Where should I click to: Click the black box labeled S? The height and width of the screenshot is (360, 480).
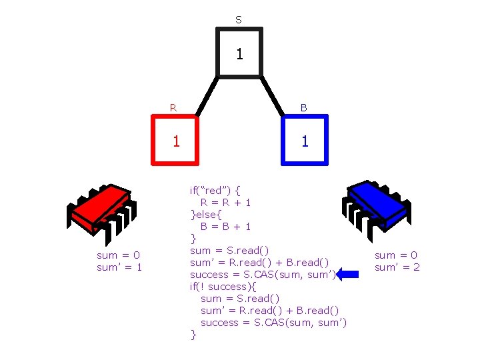[239, 53]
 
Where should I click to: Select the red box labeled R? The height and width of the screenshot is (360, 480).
[175, 139]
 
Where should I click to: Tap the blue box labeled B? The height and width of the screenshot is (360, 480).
[305, 139]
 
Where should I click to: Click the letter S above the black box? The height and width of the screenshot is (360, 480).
[239, 20]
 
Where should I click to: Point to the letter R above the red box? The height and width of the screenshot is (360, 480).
[173, 107]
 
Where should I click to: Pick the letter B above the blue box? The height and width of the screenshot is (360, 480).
[303, 107]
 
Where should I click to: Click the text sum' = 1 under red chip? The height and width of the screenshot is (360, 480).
[120, 267]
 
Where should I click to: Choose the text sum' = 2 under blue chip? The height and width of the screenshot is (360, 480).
[397, 267]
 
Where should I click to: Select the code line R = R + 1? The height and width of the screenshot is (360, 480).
[225, 202]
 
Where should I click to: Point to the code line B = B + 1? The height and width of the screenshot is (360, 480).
[225, 226]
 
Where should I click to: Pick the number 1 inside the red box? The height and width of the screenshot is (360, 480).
[175, 141]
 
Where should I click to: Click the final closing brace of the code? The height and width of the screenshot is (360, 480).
[193, 335]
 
